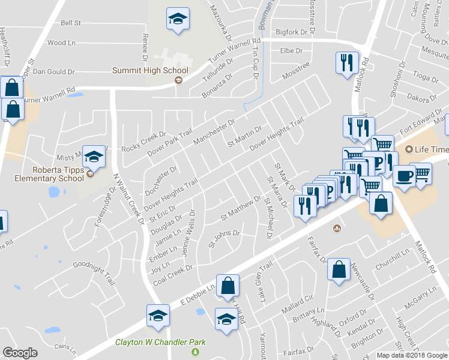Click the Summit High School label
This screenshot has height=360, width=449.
[151, 71]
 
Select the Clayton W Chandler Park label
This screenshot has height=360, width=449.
[160, 343]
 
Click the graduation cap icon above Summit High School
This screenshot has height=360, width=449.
[178, 19]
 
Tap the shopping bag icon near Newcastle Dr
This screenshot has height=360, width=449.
[339, 269]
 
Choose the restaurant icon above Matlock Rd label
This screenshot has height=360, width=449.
[346, 63]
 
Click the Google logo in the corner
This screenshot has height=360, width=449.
[20, 353]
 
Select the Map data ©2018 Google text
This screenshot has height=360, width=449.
[412, 355]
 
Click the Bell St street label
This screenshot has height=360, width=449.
[71, 23]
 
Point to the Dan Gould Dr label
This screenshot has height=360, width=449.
[53, 71]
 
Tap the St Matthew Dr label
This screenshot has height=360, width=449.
[241, 206]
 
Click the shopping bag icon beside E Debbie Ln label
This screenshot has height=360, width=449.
[228, 284]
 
